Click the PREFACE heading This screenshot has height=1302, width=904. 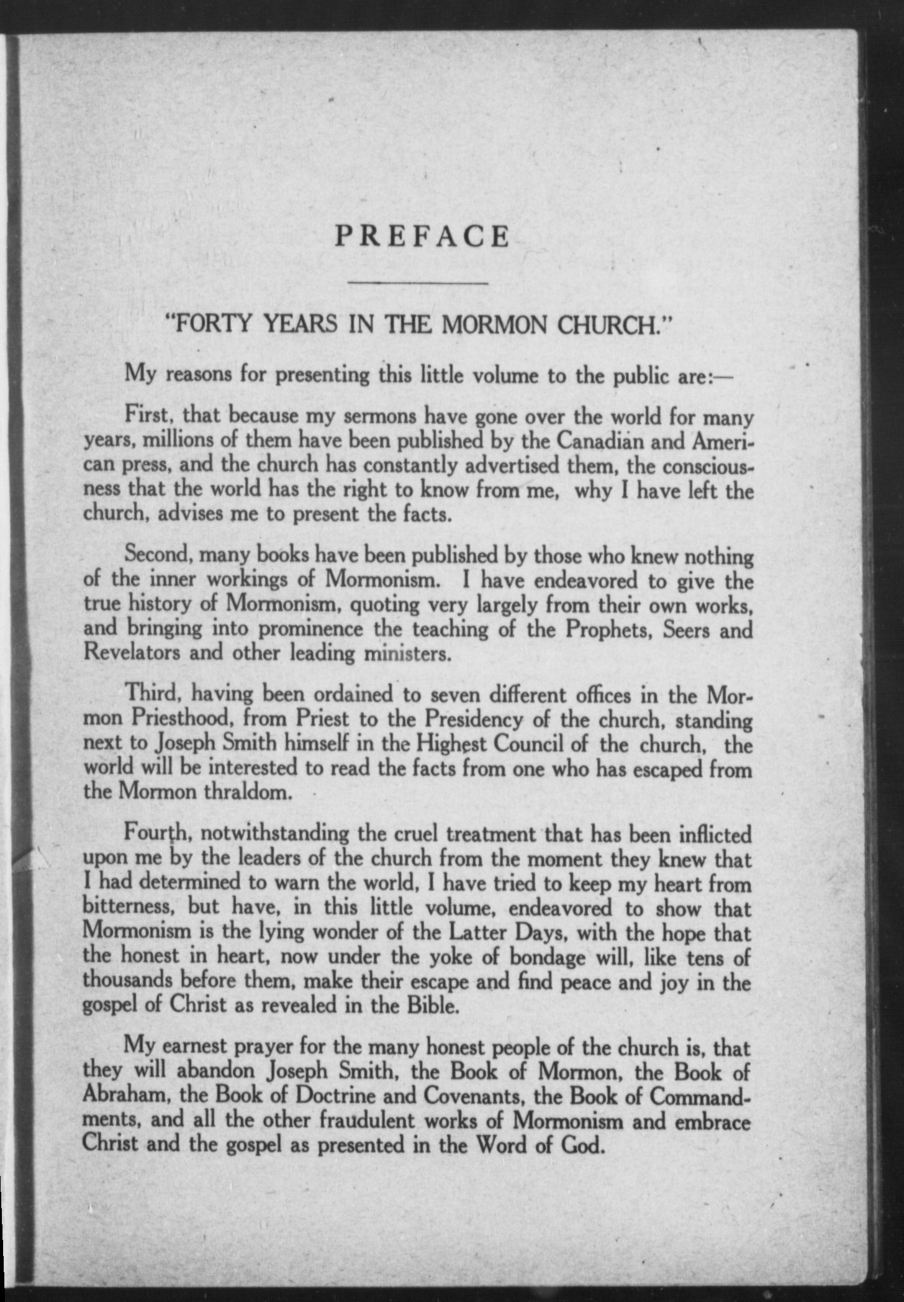(x=422, y=237)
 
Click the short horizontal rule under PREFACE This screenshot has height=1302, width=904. (x=418, y=283)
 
